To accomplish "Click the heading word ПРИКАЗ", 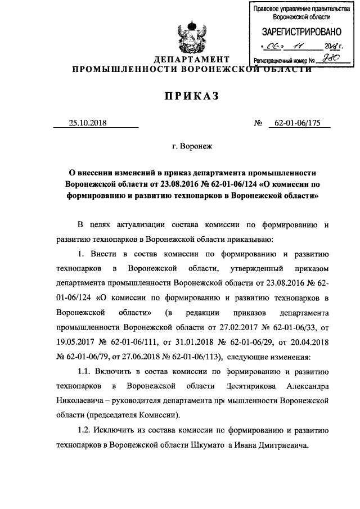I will click(191, 97).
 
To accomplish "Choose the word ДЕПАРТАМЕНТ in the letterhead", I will click(192, 60).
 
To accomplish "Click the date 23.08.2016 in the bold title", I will click(177, 184).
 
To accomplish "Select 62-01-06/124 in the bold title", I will click(238, 184).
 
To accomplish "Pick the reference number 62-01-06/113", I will click(194, 356).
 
